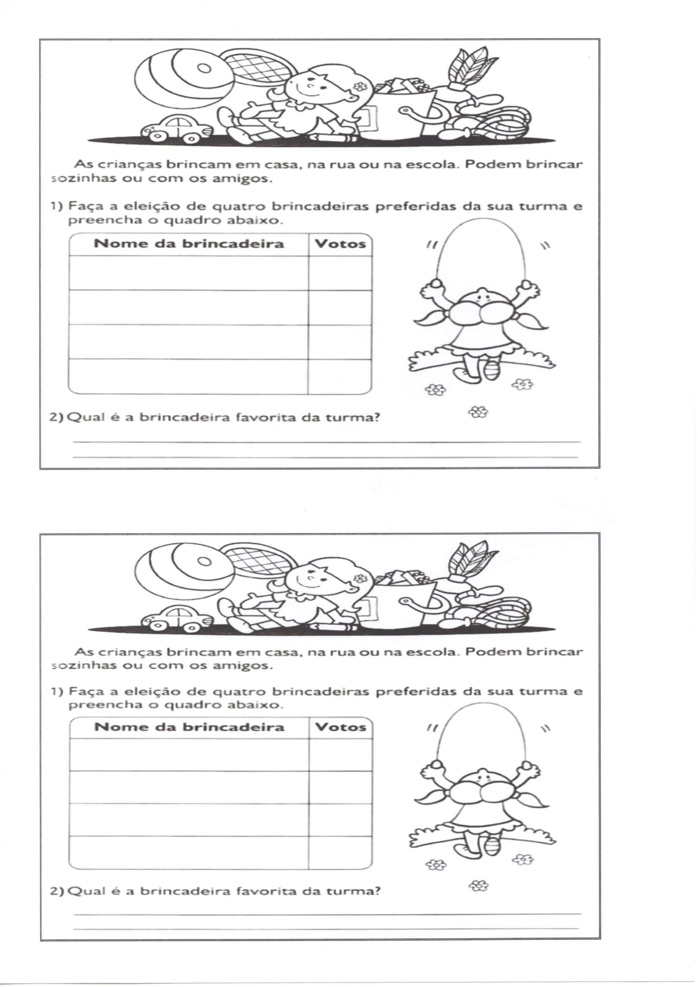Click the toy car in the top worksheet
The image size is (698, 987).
pos(177,128)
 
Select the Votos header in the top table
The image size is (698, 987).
pos(340,244)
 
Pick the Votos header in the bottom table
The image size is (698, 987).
pos(341,727)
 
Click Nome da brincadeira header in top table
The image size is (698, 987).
pos(189,244)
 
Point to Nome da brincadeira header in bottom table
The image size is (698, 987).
pos(189,727)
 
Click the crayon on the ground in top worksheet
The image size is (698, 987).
pos(334,138)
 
